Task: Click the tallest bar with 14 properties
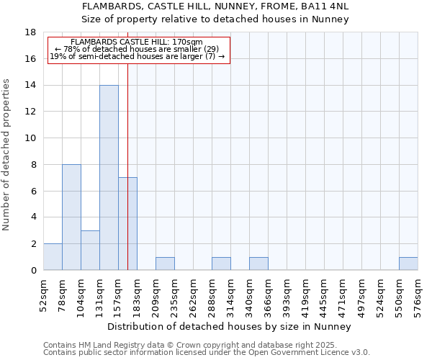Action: pos(109,177)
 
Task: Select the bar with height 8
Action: pos(71,217)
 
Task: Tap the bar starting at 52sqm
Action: pos(53,257)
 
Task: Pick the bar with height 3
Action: pos(90,250)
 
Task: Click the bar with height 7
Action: pos(127,223)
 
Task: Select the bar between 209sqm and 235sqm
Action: pos(165,264)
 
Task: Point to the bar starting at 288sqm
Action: pos(221,264)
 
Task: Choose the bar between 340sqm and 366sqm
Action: pos(258,264)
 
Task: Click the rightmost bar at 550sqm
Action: pos(408,264)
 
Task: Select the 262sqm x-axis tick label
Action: pos(193,296)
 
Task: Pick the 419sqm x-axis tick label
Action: pos(305,296)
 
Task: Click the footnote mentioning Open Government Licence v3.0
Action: pos(207,353)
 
